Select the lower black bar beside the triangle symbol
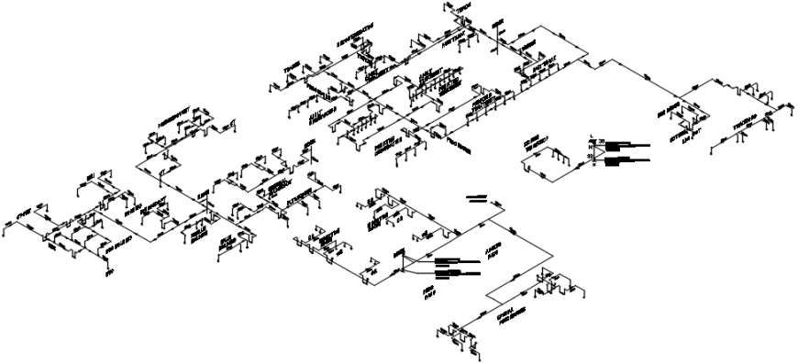pos(630,159)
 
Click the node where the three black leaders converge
pos(401,269)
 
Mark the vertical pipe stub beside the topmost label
pos(448,11)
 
